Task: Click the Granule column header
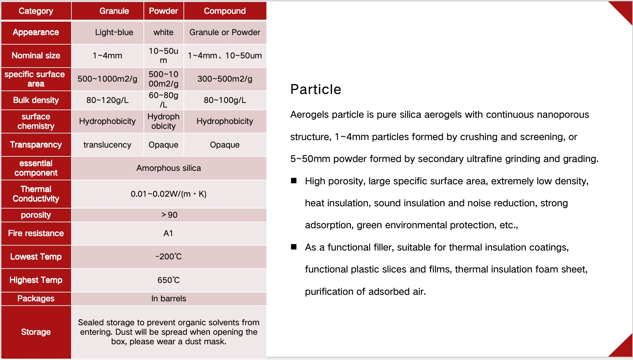click(x=114, y=11)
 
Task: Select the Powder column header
click(x=163, y=11)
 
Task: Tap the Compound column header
click(x=225, y=11)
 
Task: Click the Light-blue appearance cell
click(x=114, y=32)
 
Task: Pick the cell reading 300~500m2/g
click(x=225, y=79)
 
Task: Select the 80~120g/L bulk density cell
click(x=107, y=100)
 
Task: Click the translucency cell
click(x=107, y=145)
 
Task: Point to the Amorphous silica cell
click(x=169, y=168)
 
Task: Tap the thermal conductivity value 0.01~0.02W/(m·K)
click(x=169, y=194)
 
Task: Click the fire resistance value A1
click(x=168, y=233)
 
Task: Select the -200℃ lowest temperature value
click(x=169, y=256)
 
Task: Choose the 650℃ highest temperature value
click(x=169, y=280)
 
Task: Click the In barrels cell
click(x=169, y=298)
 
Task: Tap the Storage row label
click(x=36, y=332)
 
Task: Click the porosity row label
click(x=36, y=215)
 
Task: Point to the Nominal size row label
click(x=36, y=55)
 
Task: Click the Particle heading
click(x=316, y=89)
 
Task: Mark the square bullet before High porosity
click(x=294, y=181)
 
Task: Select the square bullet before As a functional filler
click(x=294, y=247)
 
